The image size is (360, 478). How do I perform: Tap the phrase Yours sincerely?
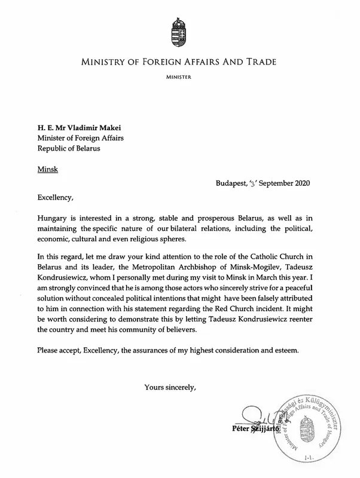click(x=170, y=387)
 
